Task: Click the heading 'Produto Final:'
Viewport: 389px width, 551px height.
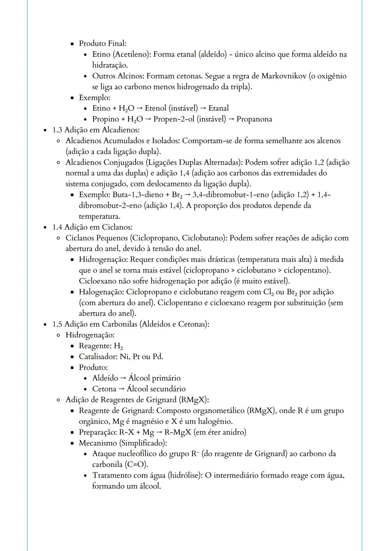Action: point(103,44)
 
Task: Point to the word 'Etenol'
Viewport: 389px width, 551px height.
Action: point(156,108)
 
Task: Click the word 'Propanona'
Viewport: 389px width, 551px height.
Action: point(254,119)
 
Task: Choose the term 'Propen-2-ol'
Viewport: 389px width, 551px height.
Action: point(174,119)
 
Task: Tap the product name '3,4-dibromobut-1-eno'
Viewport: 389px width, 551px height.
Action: point(230,195)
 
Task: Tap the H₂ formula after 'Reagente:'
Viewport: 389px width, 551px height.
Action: point(118,346)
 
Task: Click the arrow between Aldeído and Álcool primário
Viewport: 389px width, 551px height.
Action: point(123,378)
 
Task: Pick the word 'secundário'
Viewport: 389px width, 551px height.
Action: point(168,389)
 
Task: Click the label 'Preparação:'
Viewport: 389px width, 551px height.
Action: point(98,432)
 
